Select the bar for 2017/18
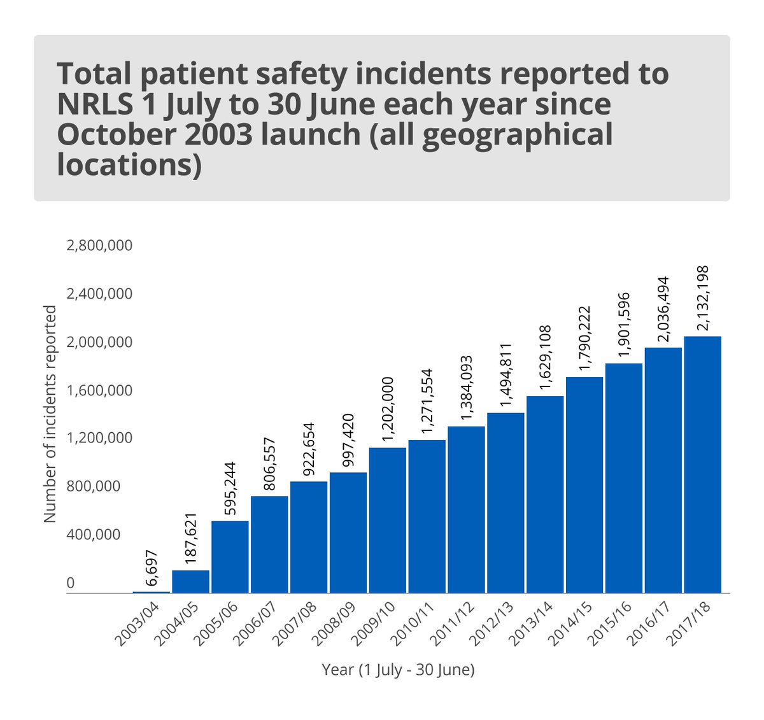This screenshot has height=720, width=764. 702,465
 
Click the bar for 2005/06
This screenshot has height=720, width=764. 230,557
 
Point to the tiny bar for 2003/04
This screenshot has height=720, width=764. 151,592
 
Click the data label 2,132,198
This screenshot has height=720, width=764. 703,298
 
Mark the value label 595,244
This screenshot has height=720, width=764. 230,490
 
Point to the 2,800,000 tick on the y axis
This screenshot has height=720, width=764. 99,245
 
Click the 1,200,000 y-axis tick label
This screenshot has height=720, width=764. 99,438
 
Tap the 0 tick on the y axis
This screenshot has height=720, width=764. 71,583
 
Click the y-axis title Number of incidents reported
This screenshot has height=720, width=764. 50,414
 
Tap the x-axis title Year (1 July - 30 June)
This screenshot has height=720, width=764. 398,670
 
